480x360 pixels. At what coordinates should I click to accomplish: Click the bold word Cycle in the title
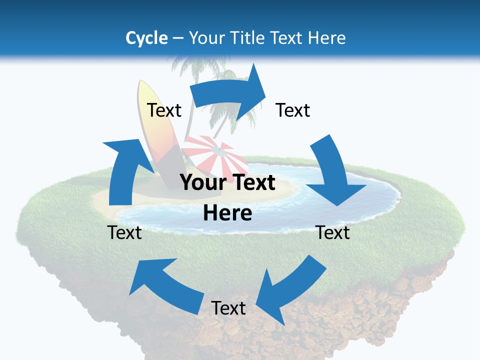(146, 38)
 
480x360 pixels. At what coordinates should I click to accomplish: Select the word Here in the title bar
(327, 38)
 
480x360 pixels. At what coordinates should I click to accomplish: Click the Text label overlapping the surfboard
(164, 110)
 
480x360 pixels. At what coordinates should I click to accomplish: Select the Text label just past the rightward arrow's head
(293, 110)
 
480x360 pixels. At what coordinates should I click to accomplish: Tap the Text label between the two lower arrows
(228, 308)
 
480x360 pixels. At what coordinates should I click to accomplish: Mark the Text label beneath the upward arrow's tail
(124, 232)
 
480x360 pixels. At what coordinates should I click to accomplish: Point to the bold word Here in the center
(227, 213)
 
